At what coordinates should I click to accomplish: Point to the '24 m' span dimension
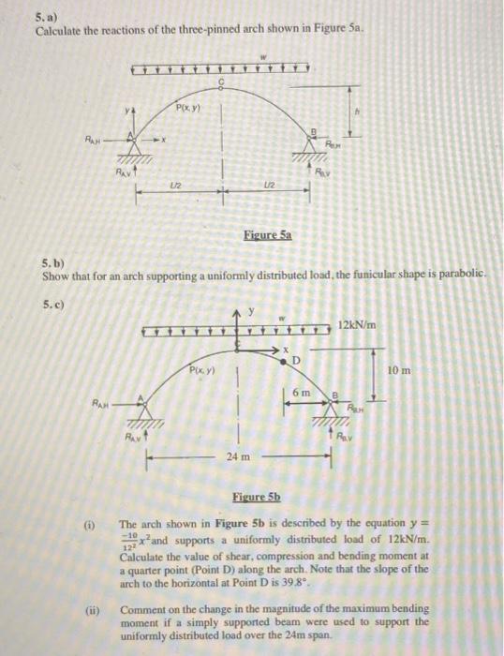click(x=236, y=456)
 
